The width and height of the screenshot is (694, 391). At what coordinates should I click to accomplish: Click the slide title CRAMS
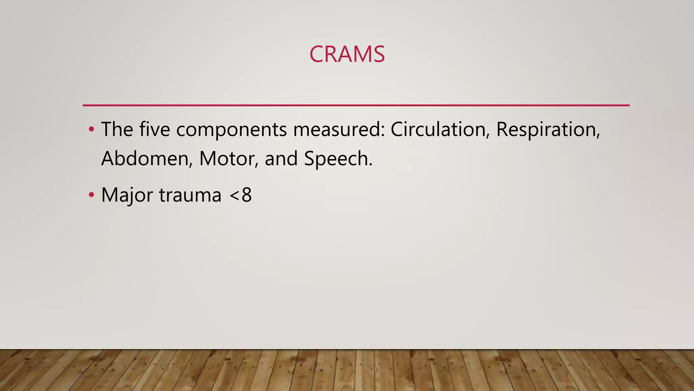(x=347, y=54)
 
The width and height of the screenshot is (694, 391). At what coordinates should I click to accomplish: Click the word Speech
(x=338, y=159)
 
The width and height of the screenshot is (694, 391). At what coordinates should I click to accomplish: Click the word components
(x=231, y=130)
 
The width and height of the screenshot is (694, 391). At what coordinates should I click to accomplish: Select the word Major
(x=127, y=195)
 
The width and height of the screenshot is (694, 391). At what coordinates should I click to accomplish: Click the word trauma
(x=190, y=195)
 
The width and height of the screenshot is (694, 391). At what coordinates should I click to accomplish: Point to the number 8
(x=247, y=195)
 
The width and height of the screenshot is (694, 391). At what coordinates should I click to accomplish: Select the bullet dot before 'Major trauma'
(x=91, y=195)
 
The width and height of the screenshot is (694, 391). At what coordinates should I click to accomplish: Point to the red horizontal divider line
(x=356, y=105)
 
